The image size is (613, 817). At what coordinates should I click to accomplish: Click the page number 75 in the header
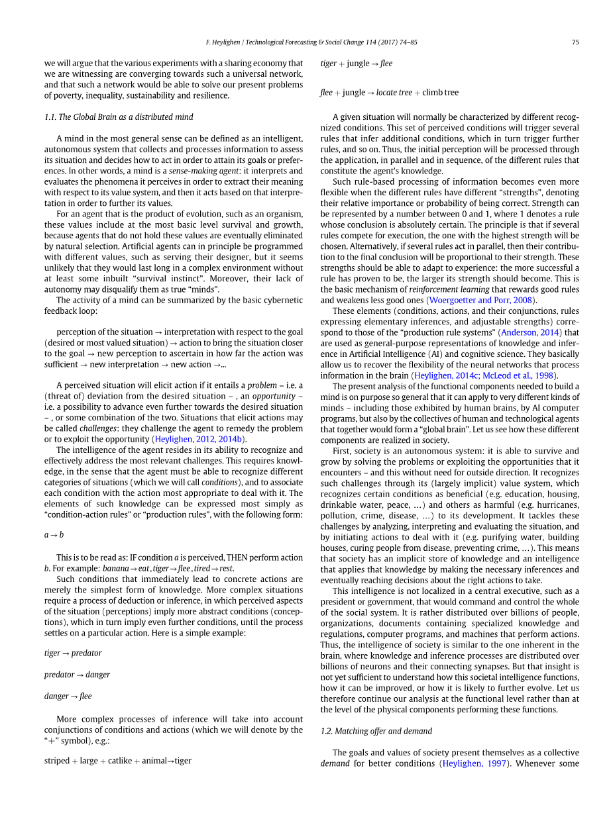(575, 42)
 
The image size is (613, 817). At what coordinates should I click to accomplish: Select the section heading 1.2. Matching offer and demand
(376, 731)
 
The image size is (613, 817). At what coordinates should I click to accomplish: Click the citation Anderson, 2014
(531, 332)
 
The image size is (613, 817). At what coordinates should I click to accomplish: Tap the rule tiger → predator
(73, 653)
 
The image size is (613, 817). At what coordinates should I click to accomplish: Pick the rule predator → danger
(77, 675)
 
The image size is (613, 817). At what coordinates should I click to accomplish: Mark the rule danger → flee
(68, 697)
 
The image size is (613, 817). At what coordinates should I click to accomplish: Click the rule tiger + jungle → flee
(356, 64)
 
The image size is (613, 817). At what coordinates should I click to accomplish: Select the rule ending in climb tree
(389, 93)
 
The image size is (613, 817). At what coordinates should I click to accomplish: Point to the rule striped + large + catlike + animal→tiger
(117, 761)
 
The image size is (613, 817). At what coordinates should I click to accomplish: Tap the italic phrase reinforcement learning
(452, 289)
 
